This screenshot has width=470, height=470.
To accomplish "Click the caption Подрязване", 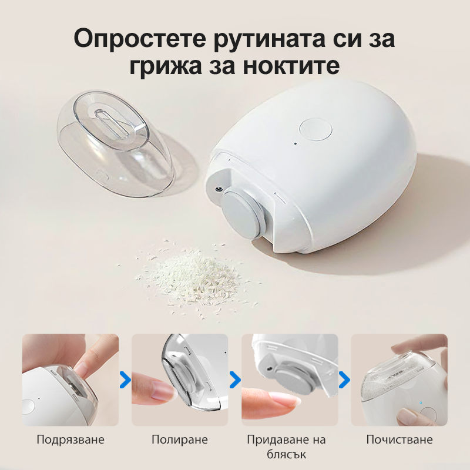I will [x=70, y=439].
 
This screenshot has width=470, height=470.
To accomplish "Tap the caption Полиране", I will [x=179, y=439].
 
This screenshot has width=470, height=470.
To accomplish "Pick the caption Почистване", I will [x=399, y=439].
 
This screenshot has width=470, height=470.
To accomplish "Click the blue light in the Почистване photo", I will [x=421, y=404].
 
